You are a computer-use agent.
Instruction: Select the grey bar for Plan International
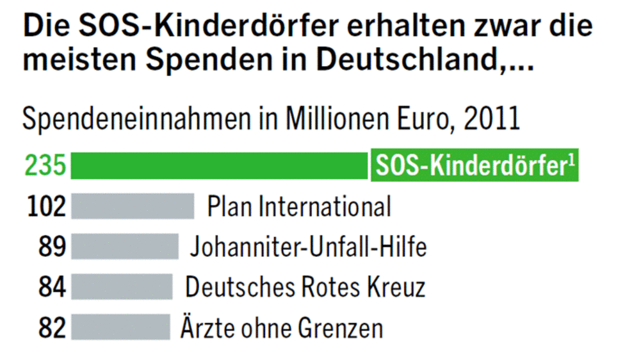click(133, 206)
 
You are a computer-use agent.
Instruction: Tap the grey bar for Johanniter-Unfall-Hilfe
click(125, 247)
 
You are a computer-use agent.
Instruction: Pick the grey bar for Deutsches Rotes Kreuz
click(122, 286)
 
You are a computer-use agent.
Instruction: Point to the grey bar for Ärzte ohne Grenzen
click(120, 327)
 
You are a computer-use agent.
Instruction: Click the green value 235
click(45, 166)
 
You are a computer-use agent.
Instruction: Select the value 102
click(47, 206)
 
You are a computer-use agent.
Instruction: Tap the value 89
click(53, 247)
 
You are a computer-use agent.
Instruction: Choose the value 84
click(53, 286)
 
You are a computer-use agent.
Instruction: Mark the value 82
click(53, 327)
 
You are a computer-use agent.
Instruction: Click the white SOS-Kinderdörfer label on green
click(474, 166)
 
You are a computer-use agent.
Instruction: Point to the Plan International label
click(299, 206)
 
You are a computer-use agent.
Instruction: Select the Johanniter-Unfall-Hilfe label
click(308, 247)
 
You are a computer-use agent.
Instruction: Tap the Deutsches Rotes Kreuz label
click(305, 286)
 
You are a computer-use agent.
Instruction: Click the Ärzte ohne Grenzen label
click(282, 327)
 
